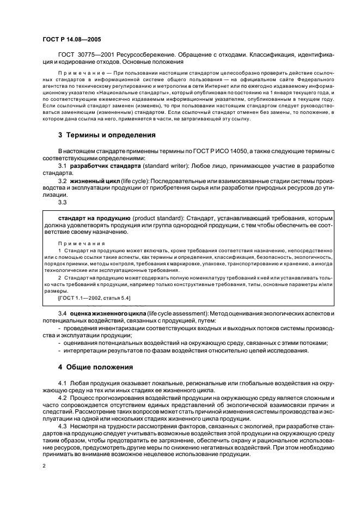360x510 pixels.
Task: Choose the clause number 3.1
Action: (x=63, y=165)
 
